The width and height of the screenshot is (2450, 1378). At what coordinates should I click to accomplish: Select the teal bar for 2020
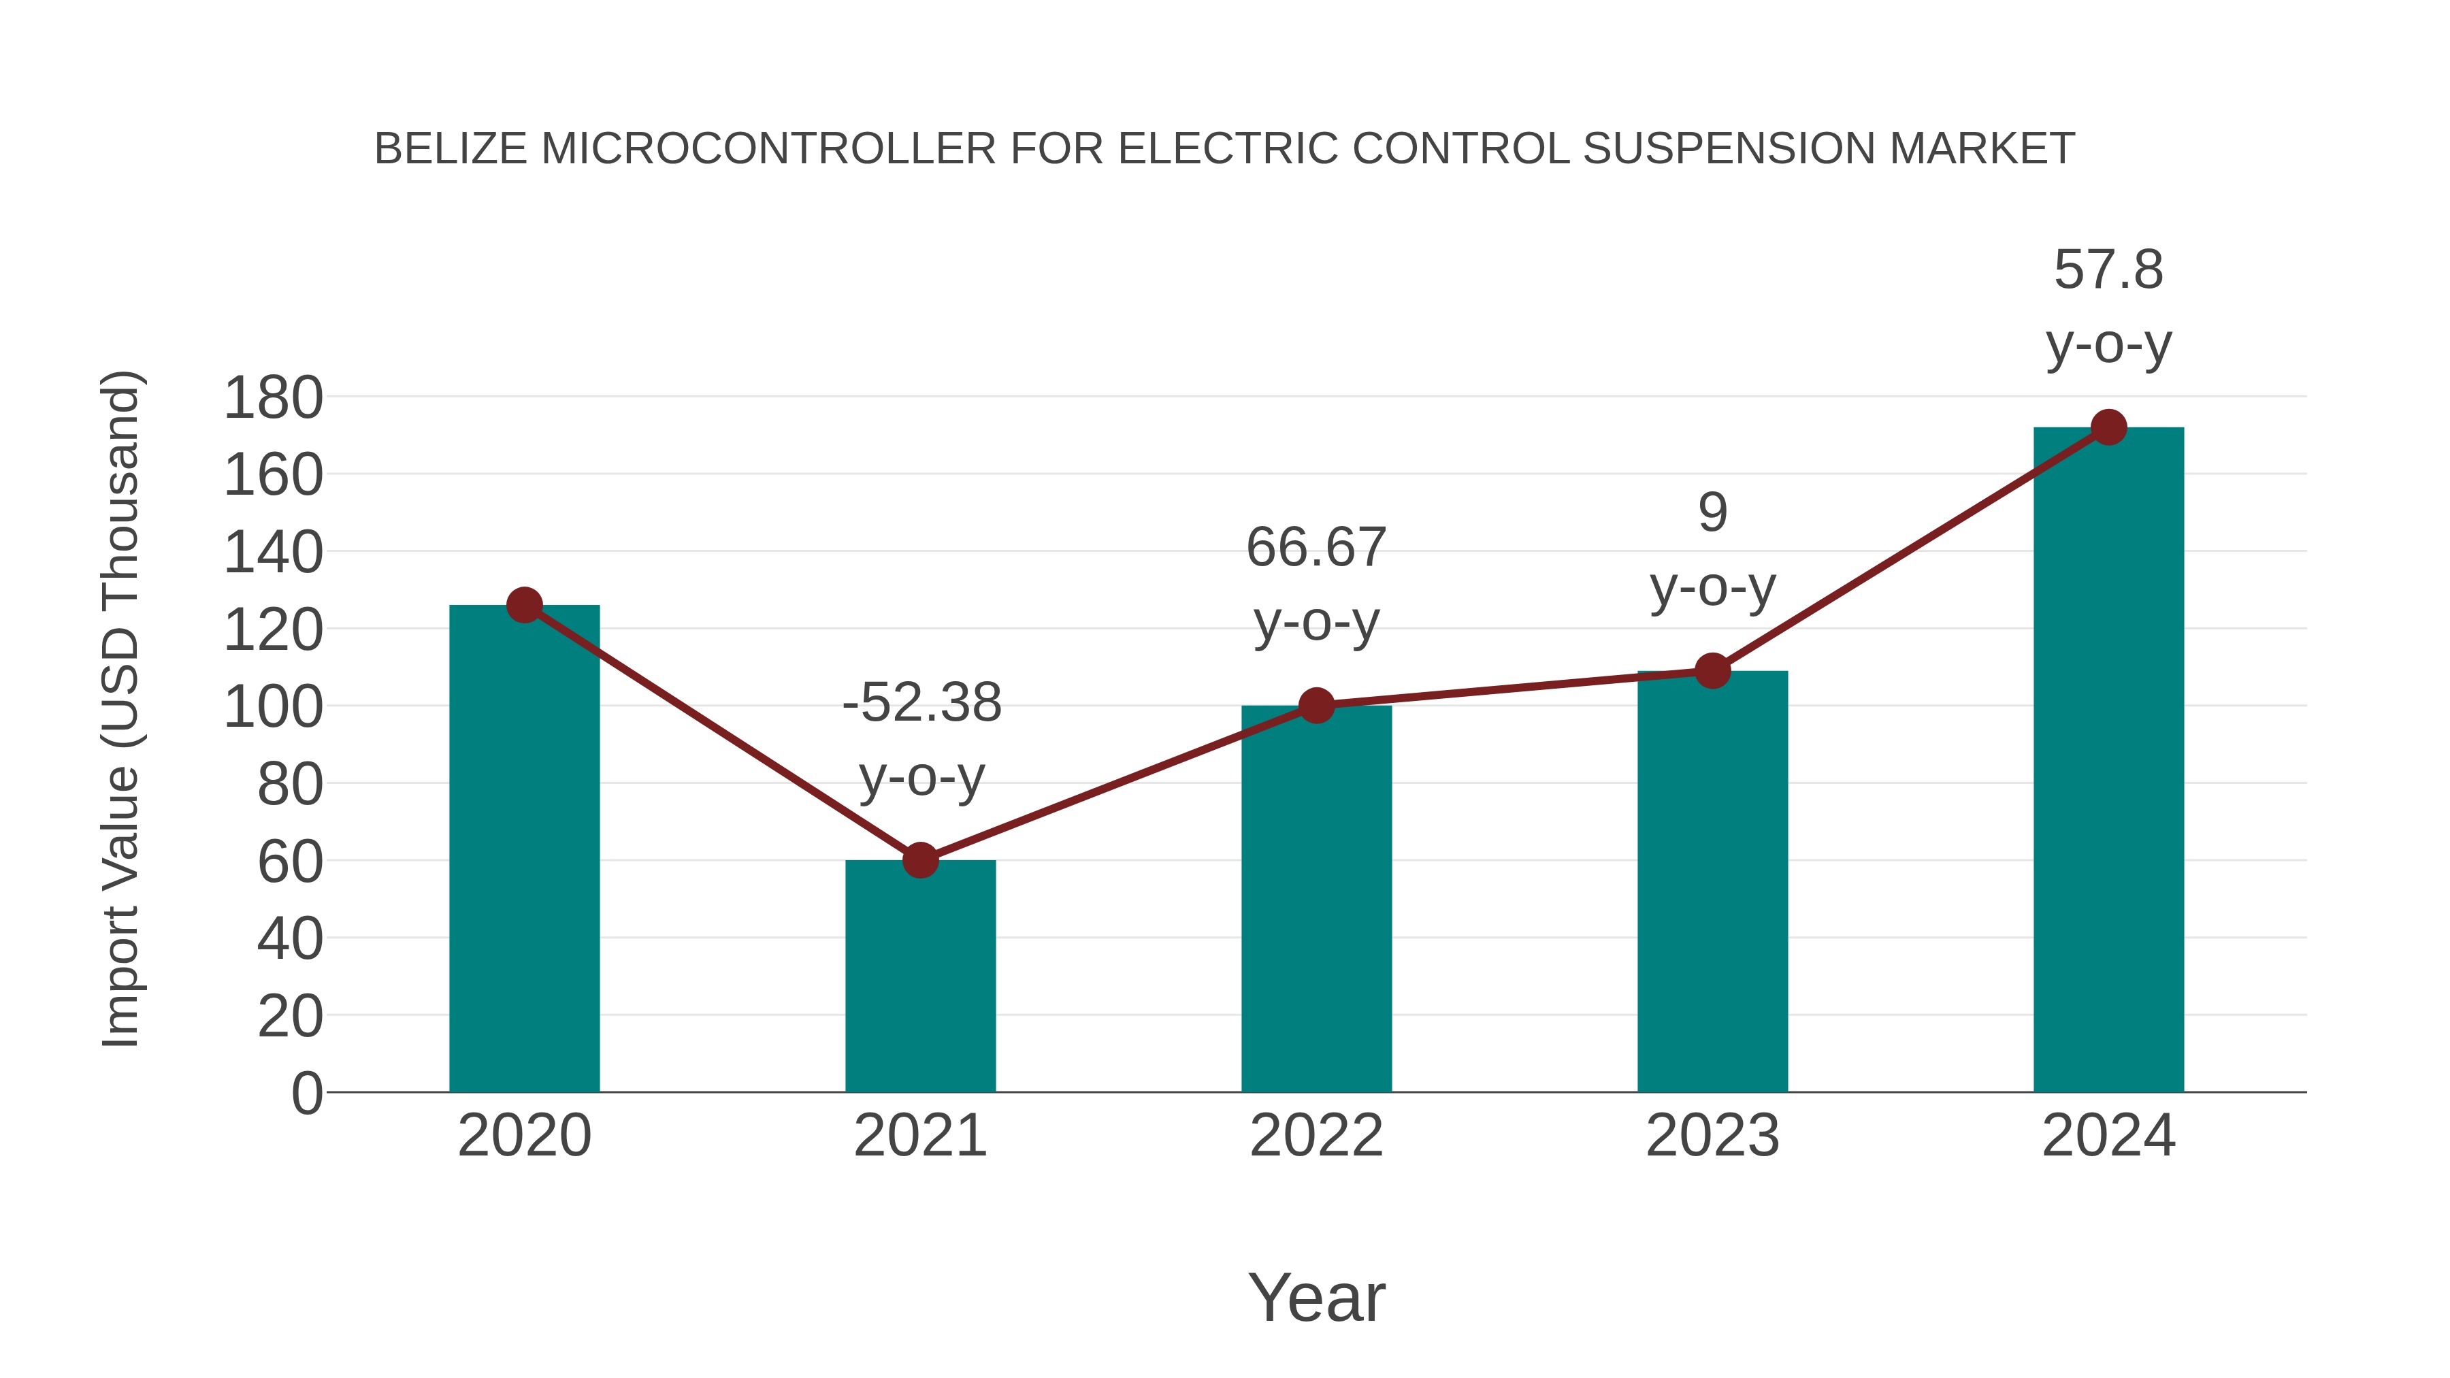[524, 856]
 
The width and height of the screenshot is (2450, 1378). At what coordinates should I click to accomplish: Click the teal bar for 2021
[919, 979]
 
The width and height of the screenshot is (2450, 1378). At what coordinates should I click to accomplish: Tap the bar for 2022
[1316, 904]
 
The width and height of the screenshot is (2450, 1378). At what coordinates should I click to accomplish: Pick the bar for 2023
[1712, 885]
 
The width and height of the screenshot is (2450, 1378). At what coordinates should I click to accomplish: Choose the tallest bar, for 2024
[2108, 761]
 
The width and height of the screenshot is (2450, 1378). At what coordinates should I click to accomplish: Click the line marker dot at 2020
[524, 605]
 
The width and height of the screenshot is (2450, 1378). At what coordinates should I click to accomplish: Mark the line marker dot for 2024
[2108, 428]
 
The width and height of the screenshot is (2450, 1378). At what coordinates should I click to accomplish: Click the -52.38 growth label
[921, 703]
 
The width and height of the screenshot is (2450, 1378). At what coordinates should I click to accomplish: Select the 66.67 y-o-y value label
[1316, 548]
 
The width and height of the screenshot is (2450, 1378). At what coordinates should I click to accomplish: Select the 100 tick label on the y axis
[273, 708]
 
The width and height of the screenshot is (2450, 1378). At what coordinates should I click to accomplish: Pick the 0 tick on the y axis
[306, 1093]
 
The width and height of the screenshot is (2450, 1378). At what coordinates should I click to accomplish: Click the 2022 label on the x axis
[1316, 1136]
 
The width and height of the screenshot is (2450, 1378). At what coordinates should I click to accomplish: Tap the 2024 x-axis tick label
[2108, 1136]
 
